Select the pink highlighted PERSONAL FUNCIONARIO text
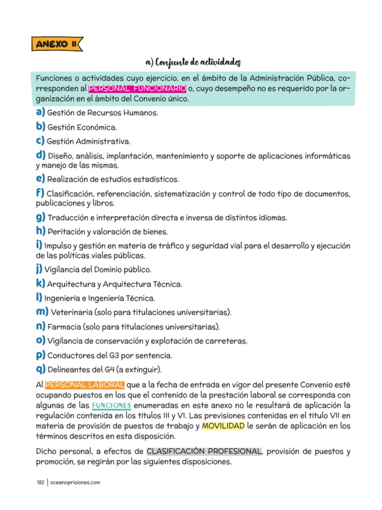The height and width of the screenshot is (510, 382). coord(137,89)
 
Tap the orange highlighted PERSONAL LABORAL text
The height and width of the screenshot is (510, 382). coord(85,384)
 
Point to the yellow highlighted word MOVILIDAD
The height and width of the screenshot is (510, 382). coord(223,426)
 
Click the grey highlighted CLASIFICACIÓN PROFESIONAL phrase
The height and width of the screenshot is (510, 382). coord(204,451)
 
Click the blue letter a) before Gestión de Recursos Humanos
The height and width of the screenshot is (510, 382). coord(40,112)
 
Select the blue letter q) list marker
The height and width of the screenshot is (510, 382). coord(40,369)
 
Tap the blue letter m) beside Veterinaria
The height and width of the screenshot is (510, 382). coord(42,312)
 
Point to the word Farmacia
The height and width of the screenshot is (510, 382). coord(65,327)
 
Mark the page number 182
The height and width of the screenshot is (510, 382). coord(40,482)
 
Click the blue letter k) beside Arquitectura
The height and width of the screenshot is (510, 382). coord(40,283)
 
